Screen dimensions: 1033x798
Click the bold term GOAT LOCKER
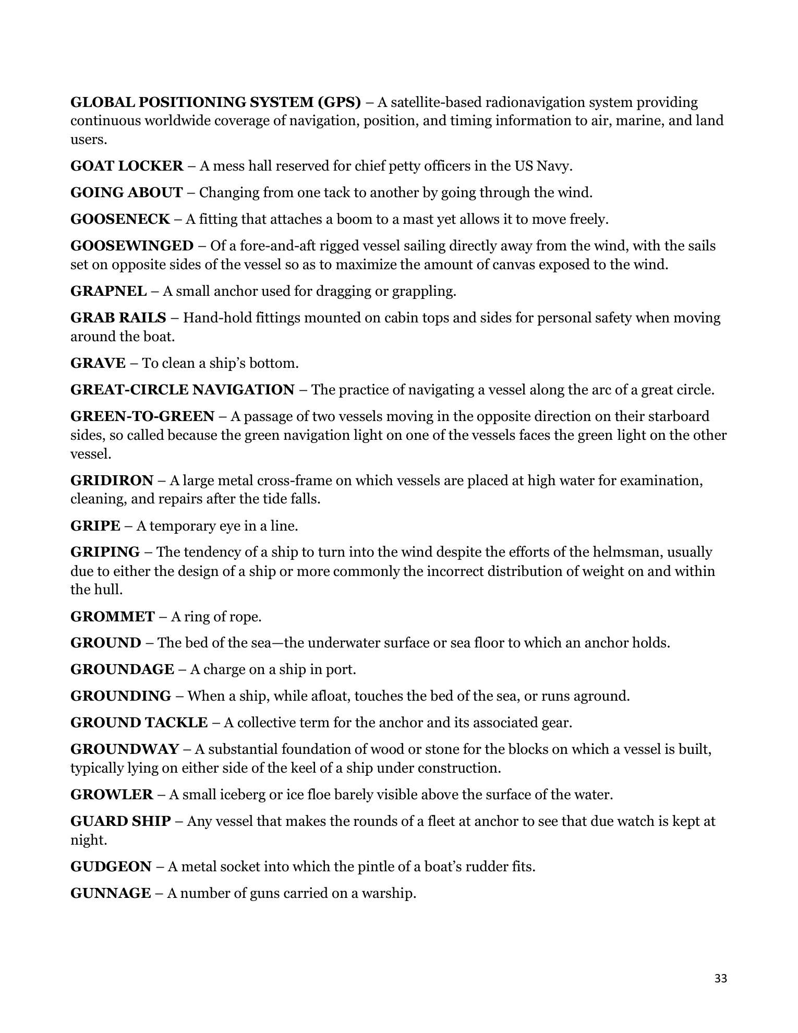click(127, 166)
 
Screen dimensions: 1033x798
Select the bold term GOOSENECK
click(120, 219)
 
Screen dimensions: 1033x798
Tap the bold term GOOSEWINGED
click(131, 246)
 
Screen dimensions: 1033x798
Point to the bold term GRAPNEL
click(108, 291)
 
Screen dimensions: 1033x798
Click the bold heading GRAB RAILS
click(118, 318)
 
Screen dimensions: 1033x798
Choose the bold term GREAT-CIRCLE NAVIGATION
click(183, 390)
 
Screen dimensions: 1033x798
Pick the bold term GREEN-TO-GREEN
click(142, 416)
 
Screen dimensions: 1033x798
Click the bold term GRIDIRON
click(112, 480)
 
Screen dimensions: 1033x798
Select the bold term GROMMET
click(113, 617)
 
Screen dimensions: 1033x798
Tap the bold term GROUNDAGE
click(122, 669)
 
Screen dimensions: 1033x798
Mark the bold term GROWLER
click(112, 795)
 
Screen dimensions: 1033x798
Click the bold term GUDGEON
click(111, 867)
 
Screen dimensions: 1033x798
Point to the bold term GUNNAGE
click(111, 893)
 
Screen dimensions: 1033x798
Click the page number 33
click(720, 978)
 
